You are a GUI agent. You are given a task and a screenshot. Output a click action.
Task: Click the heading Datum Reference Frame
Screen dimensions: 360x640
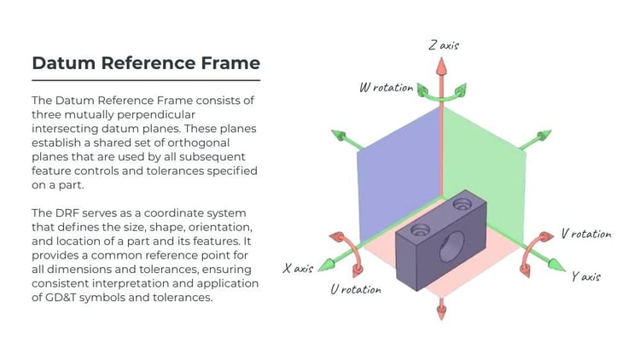145,63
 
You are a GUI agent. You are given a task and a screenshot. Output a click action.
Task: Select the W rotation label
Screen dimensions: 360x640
387,87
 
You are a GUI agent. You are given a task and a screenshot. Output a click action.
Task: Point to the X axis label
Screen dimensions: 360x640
299,268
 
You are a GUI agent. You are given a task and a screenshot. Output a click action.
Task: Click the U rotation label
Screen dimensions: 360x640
356,289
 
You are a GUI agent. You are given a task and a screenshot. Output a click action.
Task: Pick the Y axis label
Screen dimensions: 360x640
586,276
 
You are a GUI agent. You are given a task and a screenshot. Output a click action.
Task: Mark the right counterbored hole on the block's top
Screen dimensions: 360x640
463,203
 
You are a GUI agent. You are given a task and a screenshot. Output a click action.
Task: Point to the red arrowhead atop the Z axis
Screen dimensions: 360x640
442,67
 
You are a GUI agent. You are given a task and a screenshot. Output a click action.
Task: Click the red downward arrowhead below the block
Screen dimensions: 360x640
442,312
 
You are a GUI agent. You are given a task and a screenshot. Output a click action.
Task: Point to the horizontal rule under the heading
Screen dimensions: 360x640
145,80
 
